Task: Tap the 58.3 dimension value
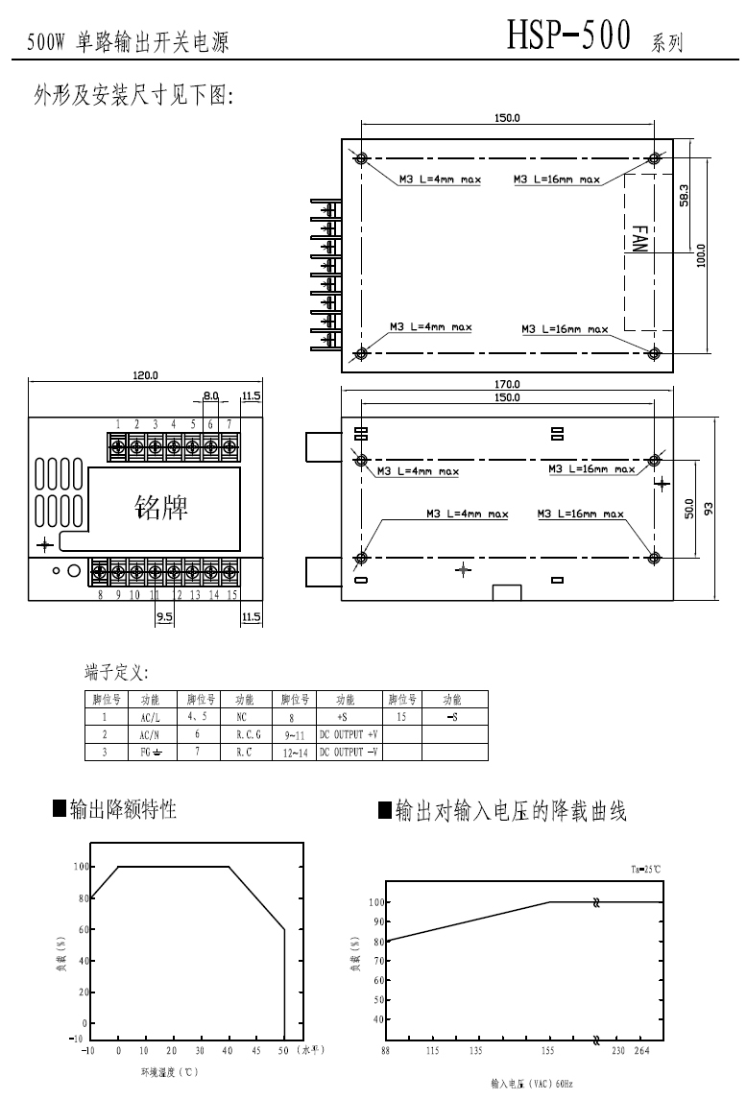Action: pos(684,195)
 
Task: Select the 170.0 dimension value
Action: pos(507,384)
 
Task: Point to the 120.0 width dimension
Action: pos(145,375)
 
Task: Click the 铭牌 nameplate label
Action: pos(161,508)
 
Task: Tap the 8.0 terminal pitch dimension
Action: pos(211,395)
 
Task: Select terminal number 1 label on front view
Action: pos(118,423)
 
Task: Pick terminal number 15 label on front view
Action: pos(231,595)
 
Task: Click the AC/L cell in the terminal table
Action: pos(151,716)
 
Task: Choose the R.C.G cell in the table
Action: pos(248,734)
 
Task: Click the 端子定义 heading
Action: pos(116,672)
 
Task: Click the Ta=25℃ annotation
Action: pos(645,869)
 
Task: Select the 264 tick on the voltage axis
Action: pos(641,1051)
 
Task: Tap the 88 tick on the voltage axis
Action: pos(386,1051)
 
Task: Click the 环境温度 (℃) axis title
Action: pos(170,1071)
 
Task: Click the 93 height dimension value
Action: pos(710,510)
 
